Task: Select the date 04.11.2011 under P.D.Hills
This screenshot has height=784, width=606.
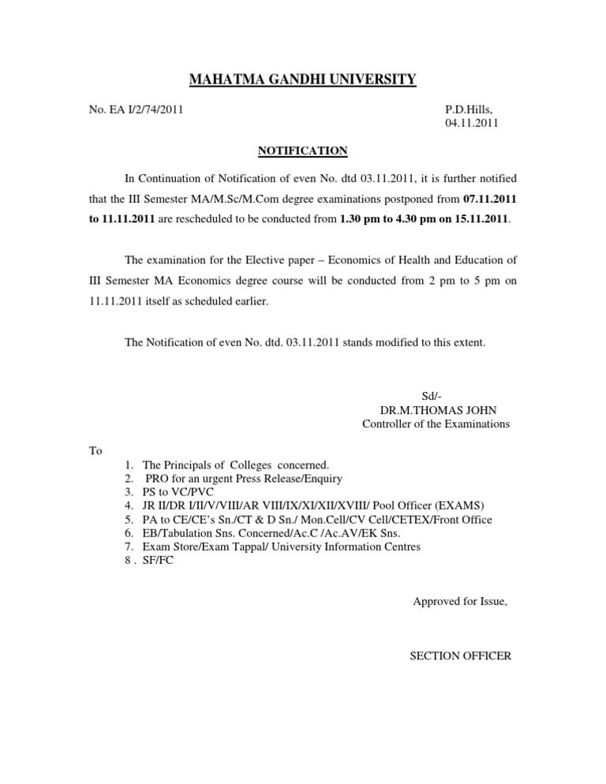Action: [472, 124]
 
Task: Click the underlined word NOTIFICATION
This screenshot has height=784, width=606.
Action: [303, 151]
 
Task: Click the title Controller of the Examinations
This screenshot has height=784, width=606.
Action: [436, 424]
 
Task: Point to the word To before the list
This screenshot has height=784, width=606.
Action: [95, 451]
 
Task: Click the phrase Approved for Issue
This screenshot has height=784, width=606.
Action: [460, 602]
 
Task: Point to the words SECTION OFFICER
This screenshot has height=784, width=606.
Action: [460, 655]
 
